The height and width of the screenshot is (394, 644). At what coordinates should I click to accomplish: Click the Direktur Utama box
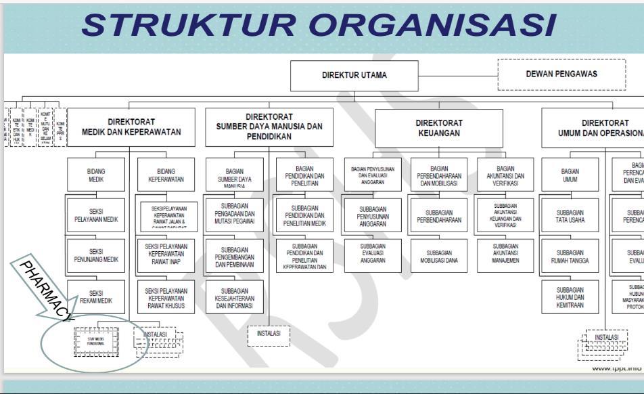click(x=354, y=75)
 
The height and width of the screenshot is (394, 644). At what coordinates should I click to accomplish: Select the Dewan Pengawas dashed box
click(x=561, y=74)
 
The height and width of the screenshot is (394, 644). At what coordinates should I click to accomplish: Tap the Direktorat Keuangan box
click(x=439, y=129)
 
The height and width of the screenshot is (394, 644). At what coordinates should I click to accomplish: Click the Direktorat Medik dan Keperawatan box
click(x=132, y=127)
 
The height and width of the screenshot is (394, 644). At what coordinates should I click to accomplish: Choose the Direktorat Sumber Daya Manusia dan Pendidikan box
click(x=269, y=127)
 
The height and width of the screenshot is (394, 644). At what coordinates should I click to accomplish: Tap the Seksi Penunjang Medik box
click(x=95, y=255)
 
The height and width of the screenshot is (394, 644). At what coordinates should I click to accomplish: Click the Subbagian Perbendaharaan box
click(x=439, y=215)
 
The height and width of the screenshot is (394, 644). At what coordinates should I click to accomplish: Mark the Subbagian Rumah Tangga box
click(x=570, y=255)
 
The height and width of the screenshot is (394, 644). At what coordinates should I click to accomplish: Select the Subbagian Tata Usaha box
click(x=570, y=215)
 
